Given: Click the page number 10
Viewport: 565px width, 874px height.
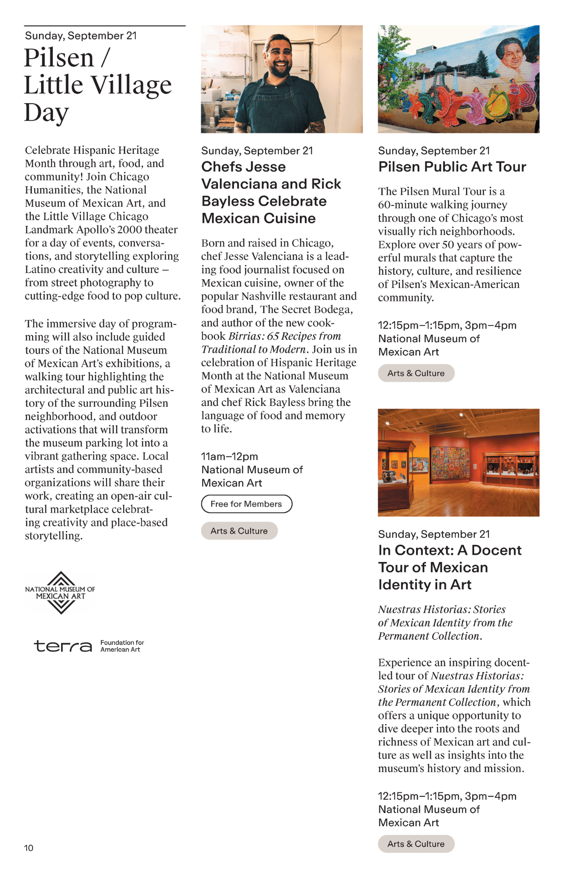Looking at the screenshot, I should pos(28,848).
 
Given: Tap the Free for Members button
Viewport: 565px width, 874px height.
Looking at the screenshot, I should pos(246,504).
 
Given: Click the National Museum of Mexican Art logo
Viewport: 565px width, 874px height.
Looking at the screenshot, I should pos(60,593).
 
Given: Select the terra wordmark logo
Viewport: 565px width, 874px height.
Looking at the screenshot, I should pos(63,645).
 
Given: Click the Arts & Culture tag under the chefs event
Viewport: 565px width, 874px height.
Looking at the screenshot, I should pos(239,531).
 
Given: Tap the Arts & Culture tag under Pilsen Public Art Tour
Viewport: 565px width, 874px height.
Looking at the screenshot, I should pos(416,373).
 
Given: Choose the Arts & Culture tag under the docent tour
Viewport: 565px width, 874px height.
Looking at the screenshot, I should pos(416,844).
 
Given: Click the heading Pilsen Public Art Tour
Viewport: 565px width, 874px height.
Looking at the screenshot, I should pos(452,167).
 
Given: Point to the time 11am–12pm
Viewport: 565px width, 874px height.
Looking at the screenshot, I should pos(229,457).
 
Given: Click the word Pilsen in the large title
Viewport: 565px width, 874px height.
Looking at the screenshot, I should pos(59,58).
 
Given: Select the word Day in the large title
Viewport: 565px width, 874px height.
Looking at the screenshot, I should pos(46,113).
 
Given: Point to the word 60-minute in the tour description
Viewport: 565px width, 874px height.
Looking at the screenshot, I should pos(399,205).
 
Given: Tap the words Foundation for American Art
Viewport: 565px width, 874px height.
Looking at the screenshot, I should pos(122,646).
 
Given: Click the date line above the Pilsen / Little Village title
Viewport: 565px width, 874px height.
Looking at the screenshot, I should pos(81,36).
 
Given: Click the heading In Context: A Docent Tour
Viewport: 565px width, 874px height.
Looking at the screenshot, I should pos(450,551).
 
